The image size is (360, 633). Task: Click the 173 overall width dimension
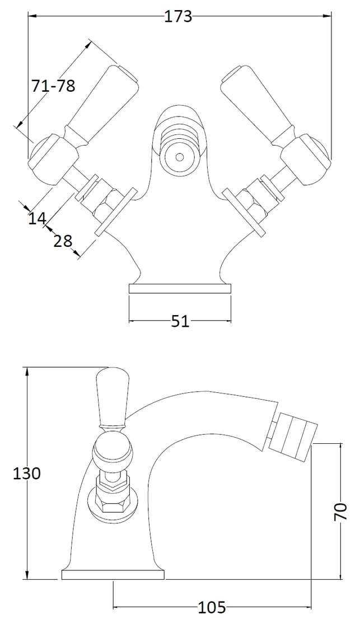[x=178, y=17]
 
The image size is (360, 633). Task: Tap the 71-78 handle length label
[x=53, y=86]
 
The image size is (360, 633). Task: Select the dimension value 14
[x=37, y=218]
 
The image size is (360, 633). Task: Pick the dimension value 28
[x=63, y=241]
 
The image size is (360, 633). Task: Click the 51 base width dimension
[x=180, y=321]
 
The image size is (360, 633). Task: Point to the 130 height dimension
[x=27, y=473]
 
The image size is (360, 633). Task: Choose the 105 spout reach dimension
[x=212, y=607]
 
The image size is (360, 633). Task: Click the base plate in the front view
[x=180, y=289]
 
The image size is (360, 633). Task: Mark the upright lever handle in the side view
[x=113, y=397]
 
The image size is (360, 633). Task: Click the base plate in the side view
[x=113, y=574]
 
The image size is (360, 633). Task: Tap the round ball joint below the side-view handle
[x=113, y=451]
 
